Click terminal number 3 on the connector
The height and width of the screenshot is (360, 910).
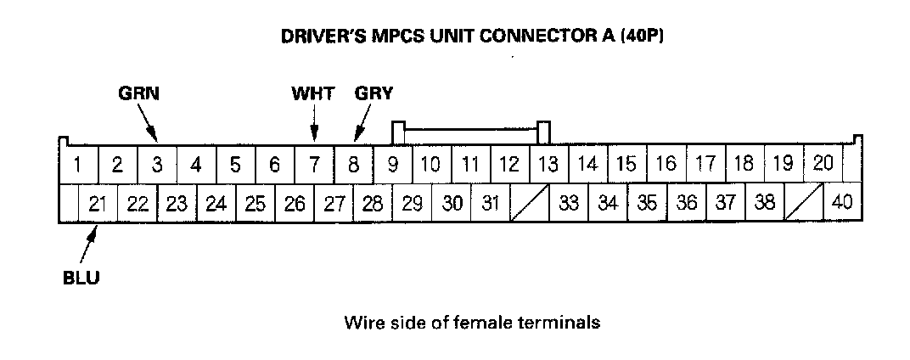(157, 164)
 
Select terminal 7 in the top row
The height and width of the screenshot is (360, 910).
(314, 164)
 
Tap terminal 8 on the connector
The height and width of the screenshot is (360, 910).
(353, 164)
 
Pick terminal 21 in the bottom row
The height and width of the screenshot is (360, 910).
(98, 204)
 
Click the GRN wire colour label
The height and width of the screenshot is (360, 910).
(137, 94)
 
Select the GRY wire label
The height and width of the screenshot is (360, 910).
(374, 94)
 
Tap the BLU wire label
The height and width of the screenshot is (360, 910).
(82, 277)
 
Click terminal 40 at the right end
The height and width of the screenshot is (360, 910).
(842, 204)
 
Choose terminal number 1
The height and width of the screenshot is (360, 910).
(77, 164)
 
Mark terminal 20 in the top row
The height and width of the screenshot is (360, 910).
(823, 164)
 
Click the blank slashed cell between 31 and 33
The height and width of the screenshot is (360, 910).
(530, 204)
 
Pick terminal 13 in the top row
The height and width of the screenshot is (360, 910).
(548, 164)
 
